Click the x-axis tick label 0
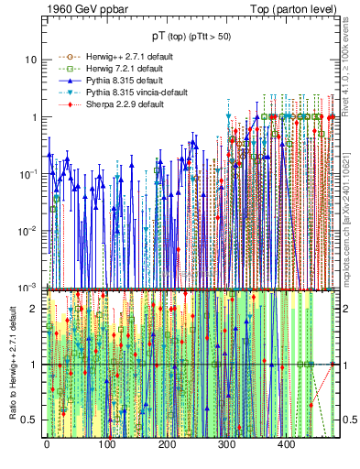pyautogui.click(x=47, y=444)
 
